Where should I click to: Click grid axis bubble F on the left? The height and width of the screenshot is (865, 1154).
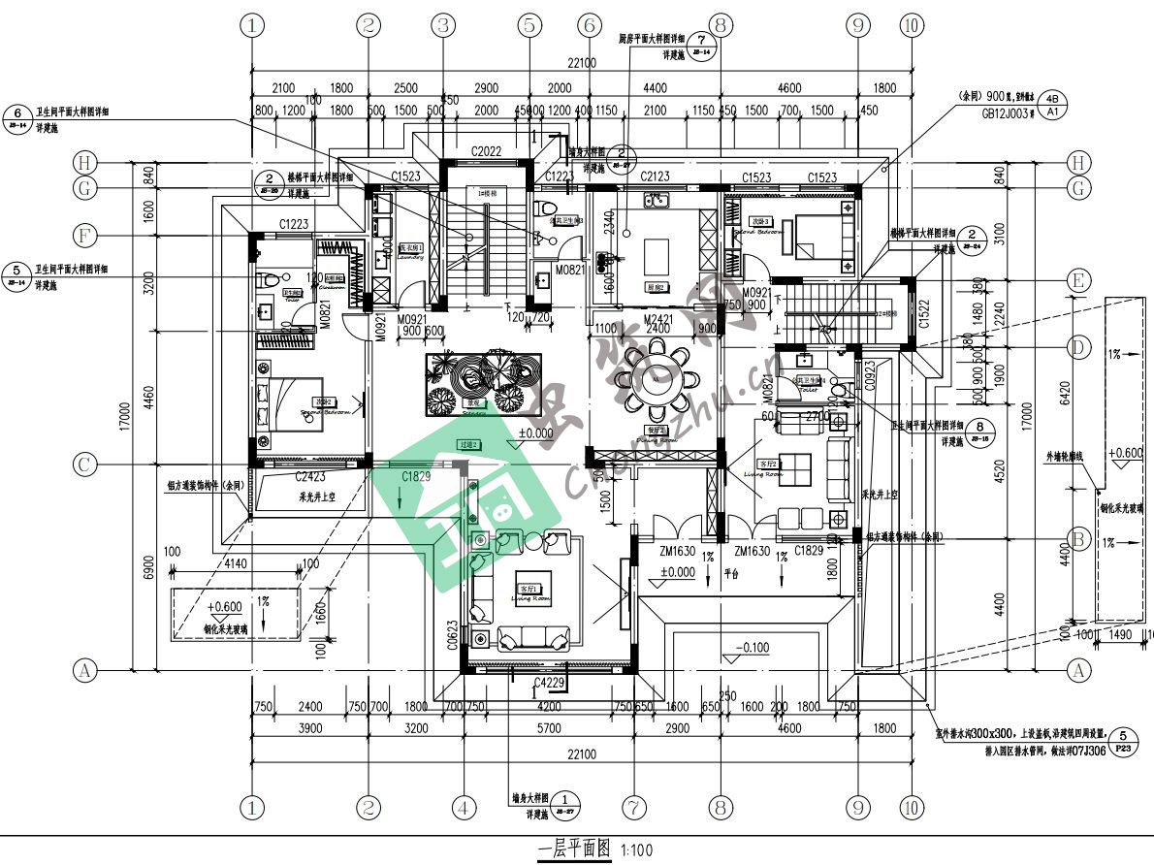(x=85, y=235)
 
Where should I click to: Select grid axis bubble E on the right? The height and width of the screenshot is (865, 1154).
(x=1075, y=281)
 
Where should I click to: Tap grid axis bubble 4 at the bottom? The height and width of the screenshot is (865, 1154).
(x=464, y=807)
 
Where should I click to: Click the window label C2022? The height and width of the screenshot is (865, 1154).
(x=486, y=151)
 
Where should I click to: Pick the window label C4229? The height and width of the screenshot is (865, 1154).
(x=549, y=685)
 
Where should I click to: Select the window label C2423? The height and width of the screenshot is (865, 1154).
(x=311, y=476)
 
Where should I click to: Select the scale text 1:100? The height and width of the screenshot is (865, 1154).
(x=636, y=851)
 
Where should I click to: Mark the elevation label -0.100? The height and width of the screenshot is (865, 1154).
(x=753, y=647)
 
